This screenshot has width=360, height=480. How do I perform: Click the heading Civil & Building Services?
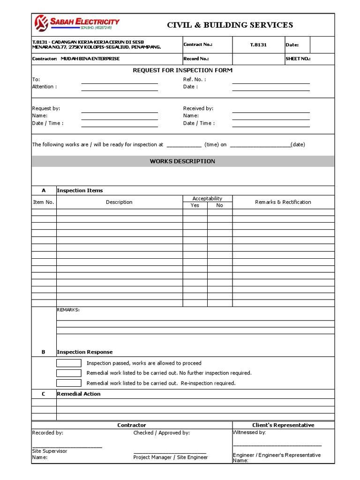click(230, 25)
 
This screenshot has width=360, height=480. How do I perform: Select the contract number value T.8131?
click(258, 45)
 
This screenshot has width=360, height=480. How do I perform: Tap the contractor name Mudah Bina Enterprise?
click(90, 59)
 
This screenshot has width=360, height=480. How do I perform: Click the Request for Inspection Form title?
click(182, 70)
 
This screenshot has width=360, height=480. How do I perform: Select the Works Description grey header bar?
click(182, 161)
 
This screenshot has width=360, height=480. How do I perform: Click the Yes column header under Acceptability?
click(195, 205)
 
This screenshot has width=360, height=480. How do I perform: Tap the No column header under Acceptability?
click(220, 205)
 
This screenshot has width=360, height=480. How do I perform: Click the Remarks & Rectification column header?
click(283, 202)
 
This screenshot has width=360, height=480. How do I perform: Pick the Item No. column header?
click(44, 202)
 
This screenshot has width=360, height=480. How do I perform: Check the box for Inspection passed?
click(69, 363)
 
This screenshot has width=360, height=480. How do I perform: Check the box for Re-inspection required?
click(69, 383)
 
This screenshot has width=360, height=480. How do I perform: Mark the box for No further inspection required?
click(69, 373)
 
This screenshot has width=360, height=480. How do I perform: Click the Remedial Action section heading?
click(78, 394)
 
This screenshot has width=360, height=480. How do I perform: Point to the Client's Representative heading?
click(283, 425)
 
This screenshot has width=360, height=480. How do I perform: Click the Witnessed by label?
click(249, 432)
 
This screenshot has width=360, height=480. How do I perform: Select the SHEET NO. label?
click(298, 59)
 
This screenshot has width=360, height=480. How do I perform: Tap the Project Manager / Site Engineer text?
click(171, 457)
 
